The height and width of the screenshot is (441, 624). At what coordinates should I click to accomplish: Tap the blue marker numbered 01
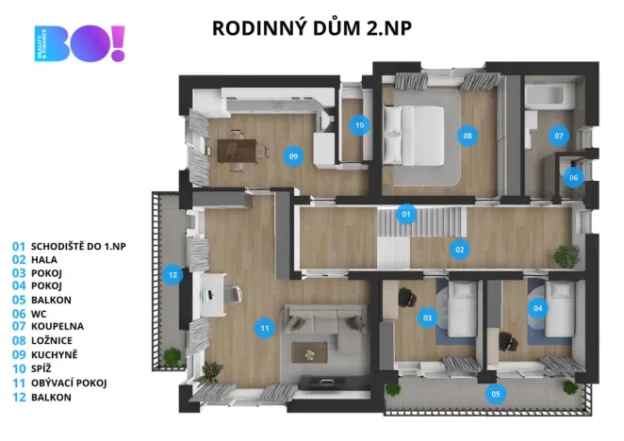click(x=406, y=214)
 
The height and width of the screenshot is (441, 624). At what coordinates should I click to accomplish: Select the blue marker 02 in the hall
click(x=460, y=250)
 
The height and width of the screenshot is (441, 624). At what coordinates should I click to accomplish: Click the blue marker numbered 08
click(x=467, y=136)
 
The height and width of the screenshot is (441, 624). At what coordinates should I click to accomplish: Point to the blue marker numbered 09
click(x=294, y=155)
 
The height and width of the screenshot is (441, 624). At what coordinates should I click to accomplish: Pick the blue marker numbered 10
click(x=359, y=124)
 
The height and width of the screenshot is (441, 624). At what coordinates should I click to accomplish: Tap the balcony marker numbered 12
click(x=172, y=275)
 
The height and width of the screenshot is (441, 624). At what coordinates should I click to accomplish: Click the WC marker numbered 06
click(x=574, y=176)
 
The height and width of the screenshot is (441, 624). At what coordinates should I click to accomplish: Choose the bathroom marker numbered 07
click(x=559, y=136)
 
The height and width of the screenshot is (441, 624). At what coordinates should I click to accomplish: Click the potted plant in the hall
click(x=567, y=254)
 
